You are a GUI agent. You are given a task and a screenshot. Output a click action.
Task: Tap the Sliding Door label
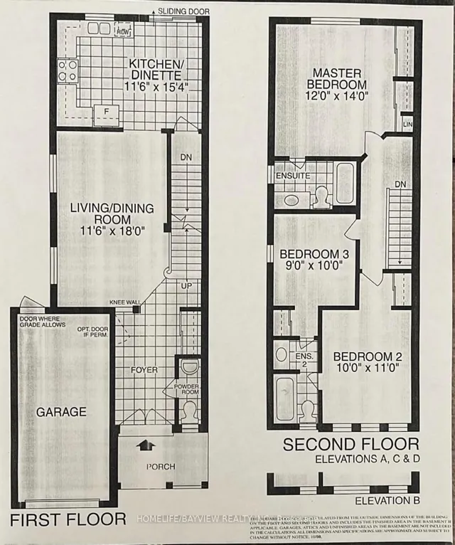180,12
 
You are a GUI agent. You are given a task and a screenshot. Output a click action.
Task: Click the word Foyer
144,370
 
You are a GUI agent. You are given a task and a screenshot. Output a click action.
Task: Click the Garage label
63,411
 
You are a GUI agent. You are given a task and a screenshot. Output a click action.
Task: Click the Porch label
160,467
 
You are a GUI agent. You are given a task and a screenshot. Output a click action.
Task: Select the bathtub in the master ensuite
345,182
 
